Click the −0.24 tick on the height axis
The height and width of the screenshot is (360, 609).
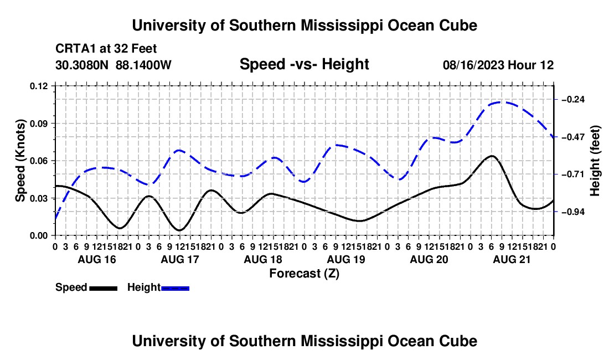(x=573, y=100)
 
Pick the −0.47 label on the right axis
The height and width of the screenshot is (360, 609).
(x=573, y=137)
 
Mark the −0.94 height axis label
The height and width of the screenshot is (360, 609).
(x=573, y=212)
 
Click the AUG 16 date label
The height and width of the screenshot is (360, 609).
(x=97, y=259)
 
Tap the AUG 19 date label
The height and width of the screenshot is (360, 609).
(x=346, y=259)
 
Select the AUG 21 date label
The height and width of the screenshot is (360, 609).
(x=512, y=259)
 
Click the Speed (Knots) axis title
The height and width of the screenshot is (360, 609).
(x=20, y=161)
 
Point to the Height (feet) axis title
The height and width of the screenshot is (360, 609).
(x=595, y=161)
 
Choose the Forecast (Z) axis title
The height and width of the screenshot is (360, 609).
(x=304, y=274)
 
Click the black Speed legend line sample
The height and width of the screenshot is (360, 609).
(x=104, y=289)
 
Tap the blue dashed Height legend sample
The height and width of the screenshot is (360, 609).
(x=175, y=289)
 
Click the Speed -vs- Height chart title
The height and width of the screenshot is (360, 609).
(x=304, y=64)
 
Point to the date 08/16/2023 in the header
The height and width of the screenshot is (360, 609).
(x=473, y=65)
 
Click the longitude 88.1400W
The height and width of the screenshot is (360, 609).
(x=143, y=65)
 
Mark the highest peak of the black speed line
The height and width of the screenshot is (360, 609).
(x=492, y=156)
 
